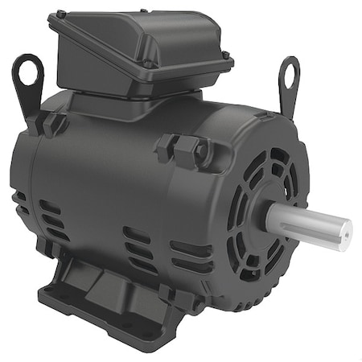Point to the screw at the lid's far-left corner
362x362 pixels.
(x=60, y=14)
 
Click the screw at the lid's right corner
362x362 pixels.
(x=225, y=55)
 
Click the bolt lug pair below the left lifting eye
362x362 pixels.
(x=51, y=123)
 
